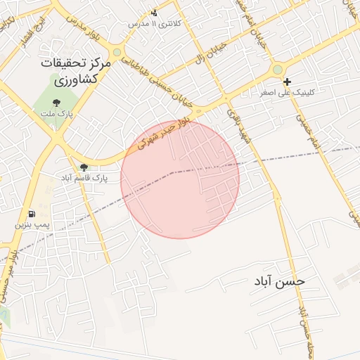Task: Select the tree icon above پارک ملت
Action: tap(56, 103)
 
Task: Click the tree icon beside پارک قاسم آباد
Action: tap(84, 167)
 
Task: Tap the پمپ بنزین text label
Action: tap(34, 226)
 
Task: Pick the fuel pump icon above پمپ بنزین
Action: tap(31, 214)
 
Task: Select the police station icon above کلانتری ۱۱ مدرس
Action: tap(155, 12)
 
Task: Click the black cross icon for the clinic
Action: tap(287, 82)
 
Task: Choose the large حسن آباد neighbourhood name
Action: tap(280, 281)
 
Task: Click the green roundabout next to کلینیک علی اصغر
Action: tap(278, 70)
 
